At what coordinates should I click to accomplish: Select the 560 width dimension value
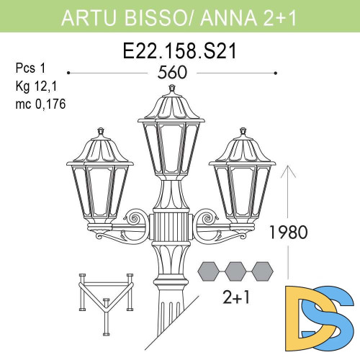coord(171,73)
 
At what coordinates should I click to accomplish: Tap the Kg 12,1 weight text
coord(35,86)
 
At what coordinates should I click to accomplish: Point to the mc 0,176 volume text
coord(40,103)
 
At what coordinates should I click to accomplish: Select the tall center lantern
coord(171,137)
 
